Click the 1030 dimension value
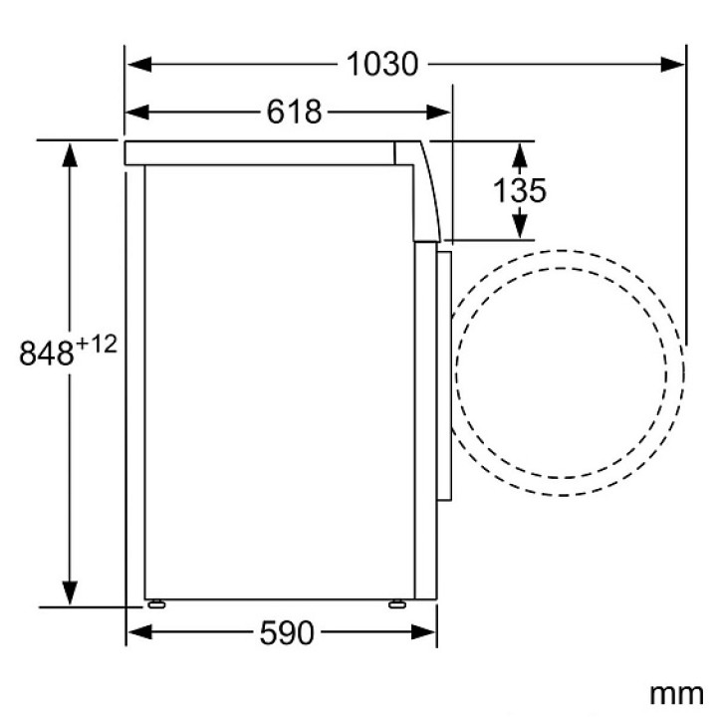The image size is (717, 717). (x=382, y=64)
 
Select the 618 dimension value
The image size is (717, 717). (x=294, y=112)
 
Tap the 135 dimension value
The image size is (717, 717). (x=520, y=190)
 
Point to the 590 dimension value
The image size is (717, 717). (x=287, y=633)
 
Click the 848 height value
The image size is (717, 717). (x=46, y=353)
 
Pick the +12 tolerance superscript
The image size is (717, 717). (x=97, y=344)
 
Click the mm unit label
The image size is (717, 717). (x=676, y=694)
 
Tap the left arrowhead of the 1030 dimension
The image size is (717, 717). (x=139, y=64)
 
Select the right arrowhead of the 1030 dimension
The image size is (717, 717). (x=672, y=64)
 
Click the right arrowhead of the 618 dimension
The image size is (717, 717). (x=439, y=112)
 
